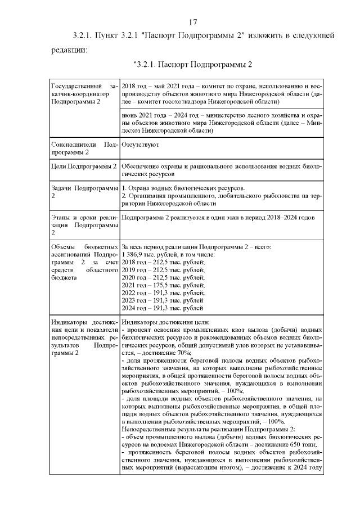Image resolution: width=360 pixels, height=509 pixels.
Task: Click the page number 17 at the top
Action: pyautogui.click(x=192, y=22)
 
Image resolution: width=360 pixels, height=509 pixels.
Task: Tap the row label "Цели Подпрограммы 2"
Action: pyautogui.click(x=83, y=167)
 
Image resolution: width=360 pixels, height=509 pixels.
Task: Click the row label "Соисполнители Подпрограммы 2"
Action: pyautogui.click(x=83, y=148)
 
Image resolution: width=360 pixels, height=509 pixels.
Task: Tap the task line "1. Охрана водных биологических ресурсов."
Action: pyautogui.click(x=183, y=188)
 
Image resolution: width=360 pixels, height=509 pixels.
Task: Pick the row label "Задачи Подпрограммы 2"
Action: pyautogui.click(x=83, y=191)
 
